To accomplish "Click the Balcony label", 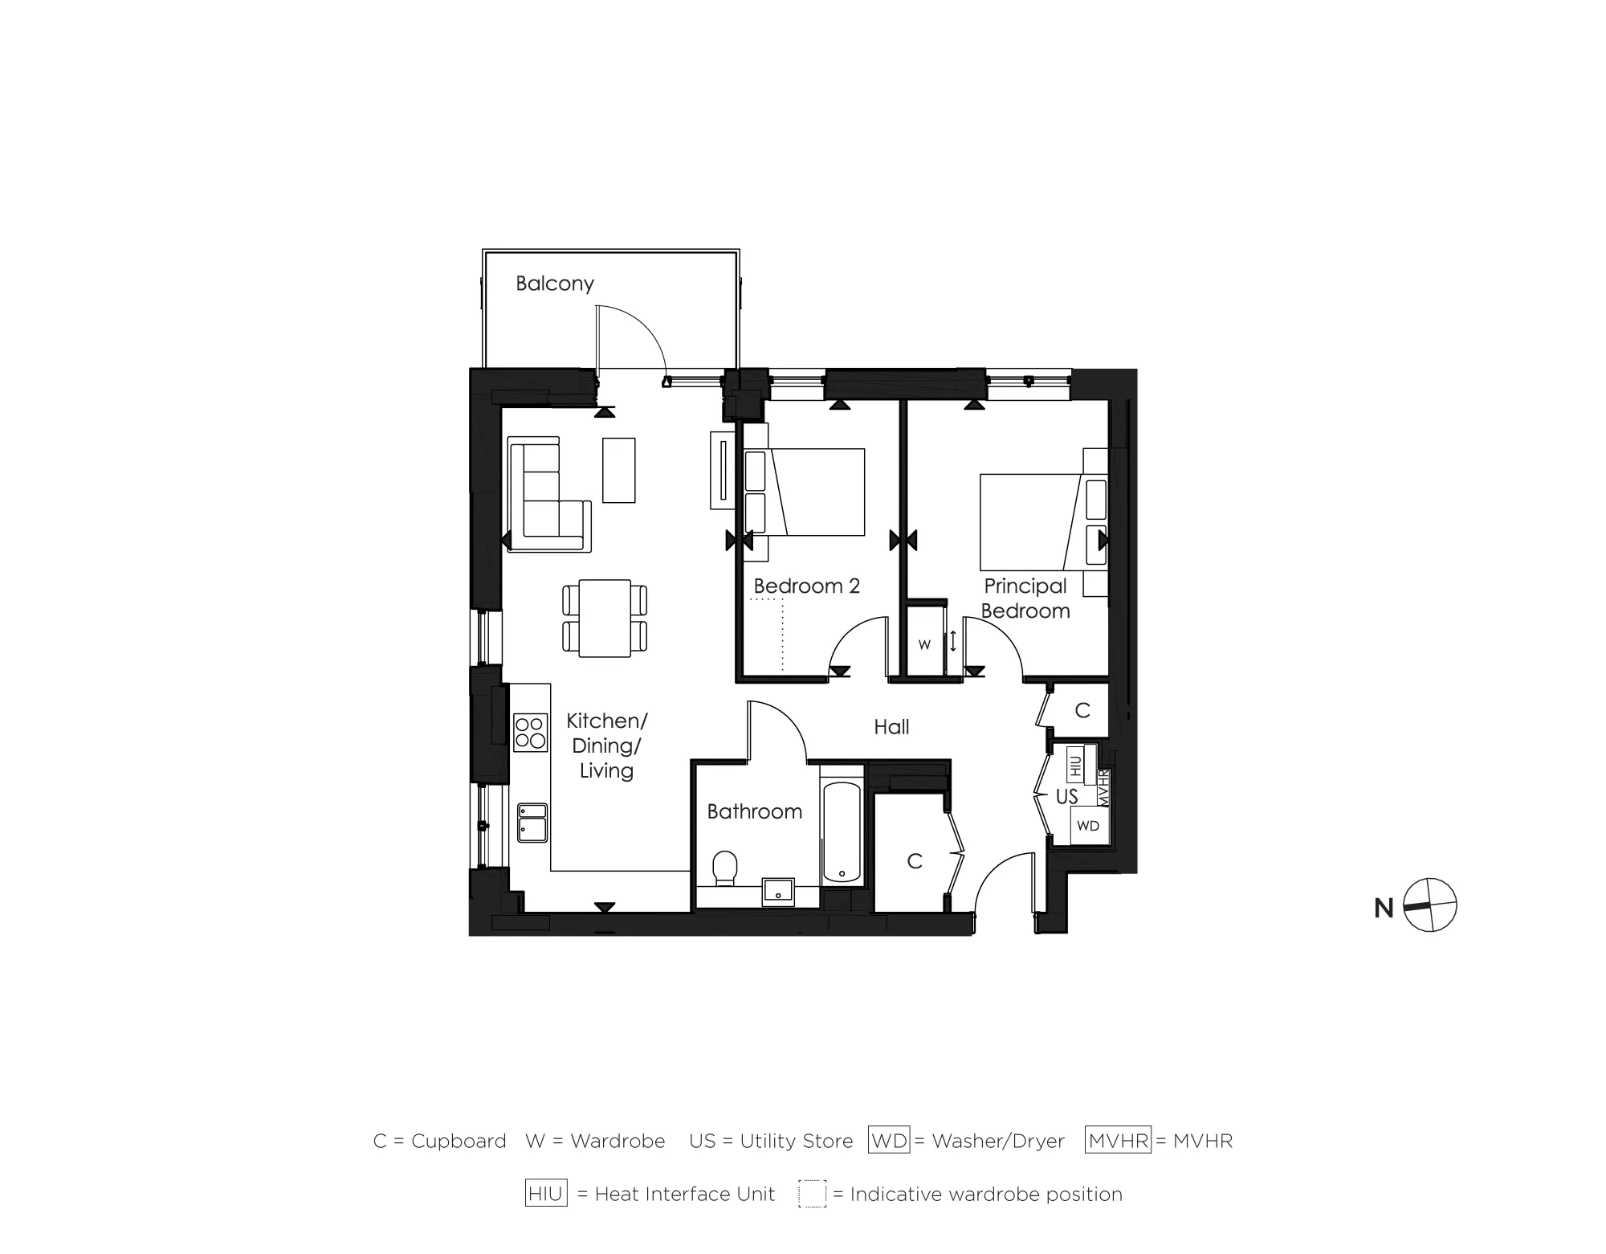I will coord(554,284).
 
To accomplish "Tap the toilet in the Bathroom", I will coord(725,868).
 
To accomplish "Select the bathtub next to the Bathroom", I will coord(842,831).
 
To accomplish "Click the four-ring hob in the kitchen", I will coord(530,732).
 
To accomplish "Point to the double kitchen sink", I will coord(532,823).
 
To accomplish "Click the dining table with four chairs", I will coord(605,618).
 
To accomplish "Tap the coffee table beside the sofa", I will coord(618,470).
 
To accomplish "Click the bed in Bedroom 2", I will coord(811,492).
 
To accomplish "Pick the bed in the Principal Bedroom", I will coord(1036,522).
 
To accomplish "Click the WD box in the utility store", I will coord(1087,826).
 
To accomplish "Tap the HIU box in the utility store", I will coord(1076,764).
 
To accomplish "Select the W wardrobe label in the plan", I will coord(924,645).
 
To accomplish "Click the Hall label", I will coord(891,727).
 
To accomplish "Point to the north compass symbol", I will coord(1429,905).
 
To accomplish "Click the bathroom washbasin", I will coord(777,891).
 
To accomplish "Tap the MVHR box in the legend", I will coord(1118,1141).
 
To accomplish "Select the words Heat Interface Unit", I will coord(684,1195).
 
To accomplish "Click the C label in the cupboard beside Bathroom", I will coord(914,861).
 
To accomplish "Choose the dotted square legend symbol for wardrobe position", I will coord(812,1194).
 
